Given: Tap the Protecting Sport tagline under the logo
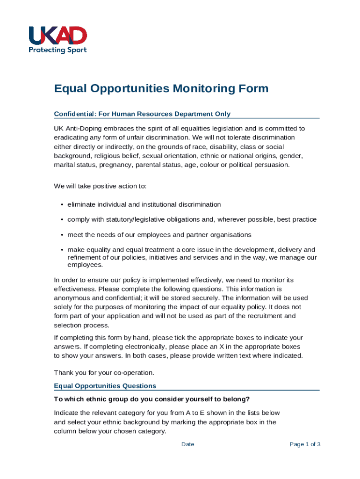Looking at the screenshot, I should click(x=58, y=50).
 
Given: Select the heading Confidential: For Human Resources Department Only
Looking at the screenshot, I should click(x=142, y=114).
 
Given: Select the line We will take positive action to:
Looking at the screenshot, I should click(x=100, y=186).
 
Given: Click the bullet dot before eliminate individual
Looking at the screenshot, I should click(x=62, y=205).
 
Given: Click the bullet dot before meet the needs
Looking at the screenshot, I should click(x=62, y=235).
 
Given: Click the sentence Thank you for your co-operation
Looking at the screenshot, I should click(x=104, y=373).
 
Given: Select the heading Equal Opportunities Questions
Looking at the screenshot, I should click(x=105, y=386).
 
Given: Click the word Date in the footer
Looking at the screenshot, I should click(x=187, y=444).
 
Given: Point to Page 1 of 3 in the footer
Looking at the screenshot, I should click(x=305, y=444).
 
